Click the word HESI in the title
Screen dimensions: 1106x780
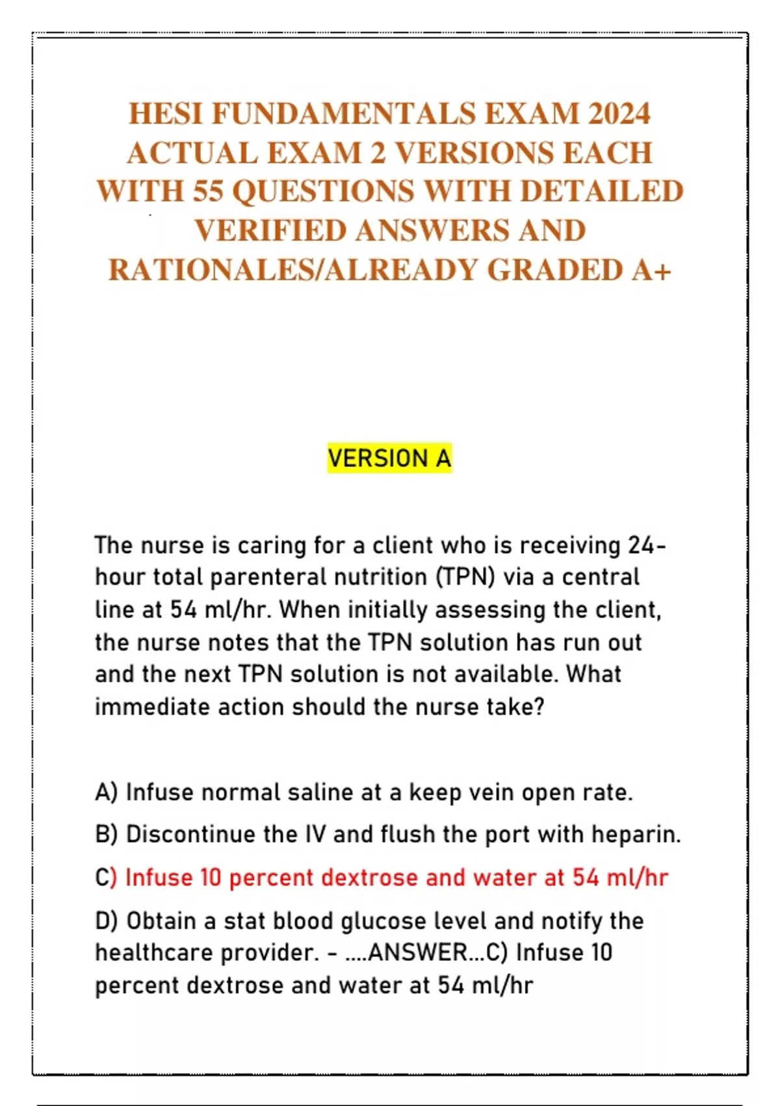[166, 114]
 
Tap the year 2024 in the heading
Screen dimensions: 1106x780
[619, 114]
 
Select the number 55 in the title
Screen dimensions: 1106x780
[207, 192]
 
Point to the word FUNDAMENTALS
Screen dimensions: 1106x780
[344, 114]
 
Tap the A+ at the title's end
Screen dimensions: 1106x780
[651, 270]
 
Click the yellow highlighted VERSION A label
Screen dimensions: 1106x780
[389, 459]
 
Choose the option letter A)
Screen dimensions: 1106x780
[107, 792]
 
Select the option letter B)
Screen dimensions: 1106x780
[107, 834]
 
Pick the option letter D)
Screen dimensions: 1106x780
[107, 921]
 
